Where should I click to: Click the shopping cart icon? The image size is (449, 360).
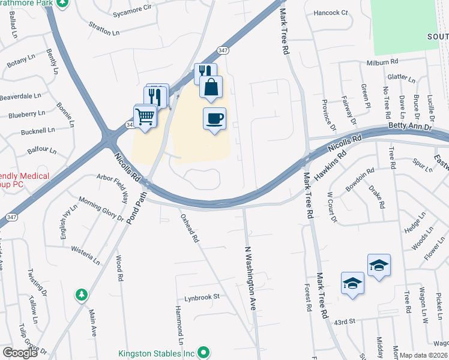click(145, 116)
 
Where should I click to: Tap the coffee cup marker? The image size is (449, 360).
click(214, 118)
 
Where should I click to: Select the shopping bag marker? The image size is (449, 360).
click(211, 87)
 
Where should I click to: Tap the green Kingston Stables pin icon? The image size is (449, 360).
click(205, 352)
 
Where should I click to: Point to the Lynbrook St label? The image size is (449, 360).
click(202, 296)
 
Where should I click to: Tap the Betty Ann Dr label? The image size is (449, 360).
click(410, 127)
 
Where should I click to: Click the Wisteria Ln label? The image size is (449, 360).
click(85, 254)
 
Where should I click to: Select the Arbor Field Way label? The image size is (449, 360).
click(118, 188)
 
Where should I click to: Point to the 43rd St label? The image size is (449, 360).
click(345, 322)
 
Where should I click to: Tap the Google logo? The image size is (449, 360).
click(20, 353)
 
